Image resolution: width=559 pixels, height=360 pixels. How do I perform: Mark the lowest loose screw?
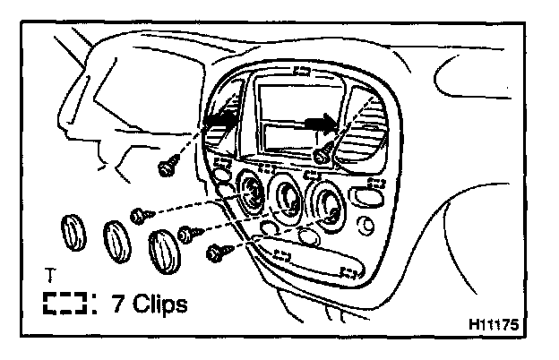tap(215, 254)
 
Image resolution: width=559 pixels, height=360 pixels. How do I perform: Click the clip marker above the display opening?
tap(303, 73)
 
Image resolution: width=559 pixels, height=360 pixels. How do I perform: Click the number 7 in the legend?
tap(118, 304)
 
